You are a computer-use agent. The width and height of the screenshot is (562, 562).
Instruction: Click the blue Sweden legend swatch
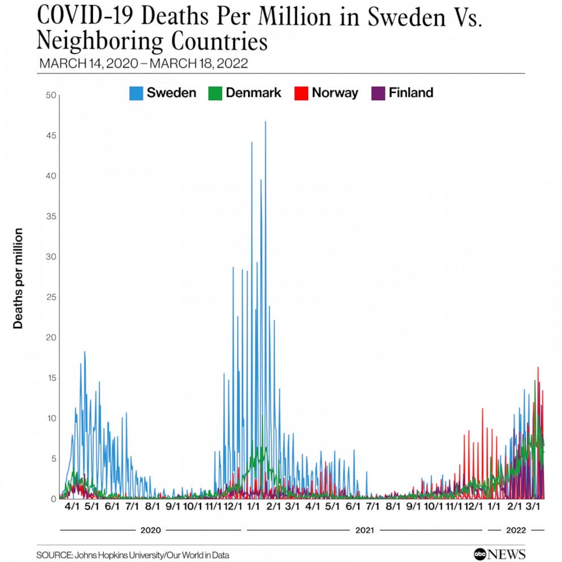136,93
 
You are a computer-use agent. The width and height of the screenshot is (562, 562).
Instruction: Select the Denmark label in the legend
253,93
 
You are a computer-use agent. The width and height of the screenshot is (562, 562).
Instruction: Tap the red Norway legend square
301,93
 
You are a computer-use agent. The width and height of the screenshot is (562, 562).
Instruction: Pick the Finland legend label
411,93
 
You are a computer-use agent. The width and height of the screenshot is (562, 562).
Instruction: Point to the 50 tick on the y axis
51,95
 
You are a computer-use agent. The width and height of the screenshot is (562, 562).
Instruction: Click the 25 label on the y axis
51,297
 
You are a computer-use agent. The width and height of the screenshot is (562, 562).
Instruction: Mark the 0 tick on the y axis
54,499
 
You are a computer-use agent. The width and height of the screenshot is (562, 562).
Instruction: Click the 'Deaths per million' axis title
18,278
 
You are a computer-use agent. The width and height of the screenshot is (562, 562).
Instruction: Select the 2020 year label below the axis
151,530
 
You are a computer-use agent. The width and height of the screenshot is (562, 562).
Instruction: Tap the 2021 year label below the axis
364,530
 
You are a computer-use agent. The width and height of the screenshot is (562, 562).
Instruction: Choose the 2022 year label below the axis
516,530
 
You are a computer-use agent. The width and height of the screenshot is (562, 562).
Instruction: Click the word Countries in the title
219,41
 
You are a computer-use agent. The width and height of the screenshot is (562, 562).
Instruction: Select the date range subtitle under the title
143,63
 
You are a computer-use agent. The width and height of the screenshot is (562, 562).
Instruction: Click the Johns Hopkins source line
133,555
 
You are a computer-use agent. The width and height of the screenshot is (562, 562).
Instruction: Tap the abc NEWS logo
500,554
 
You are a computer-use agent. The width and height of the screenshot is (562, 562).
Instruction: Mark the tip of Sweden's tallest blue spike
266,121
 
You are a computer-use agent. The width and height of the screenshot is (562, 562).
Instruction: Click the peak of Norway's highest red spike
538,367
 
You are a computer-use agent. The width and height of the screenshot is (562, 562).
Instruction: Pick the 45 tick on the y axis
51,135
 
